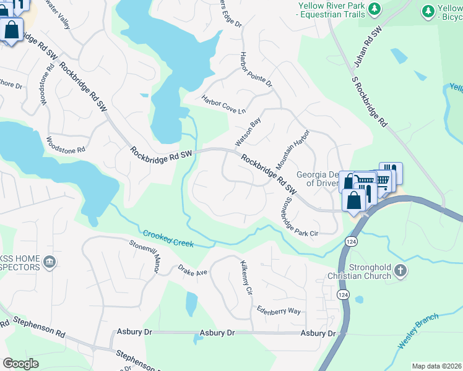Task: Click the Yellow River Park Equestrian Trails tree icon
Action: pos(374,9)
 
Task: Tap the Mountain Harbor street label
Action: pos(292,150)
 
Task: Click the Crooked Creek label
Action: pos(168,239)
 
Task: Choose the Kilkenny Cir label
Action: pos(246,276)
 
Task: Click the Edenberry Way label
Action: pos(279,312)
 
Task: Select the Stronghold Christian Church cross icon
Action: pos(400,270)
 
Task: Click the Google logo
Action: pos(21,364)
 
